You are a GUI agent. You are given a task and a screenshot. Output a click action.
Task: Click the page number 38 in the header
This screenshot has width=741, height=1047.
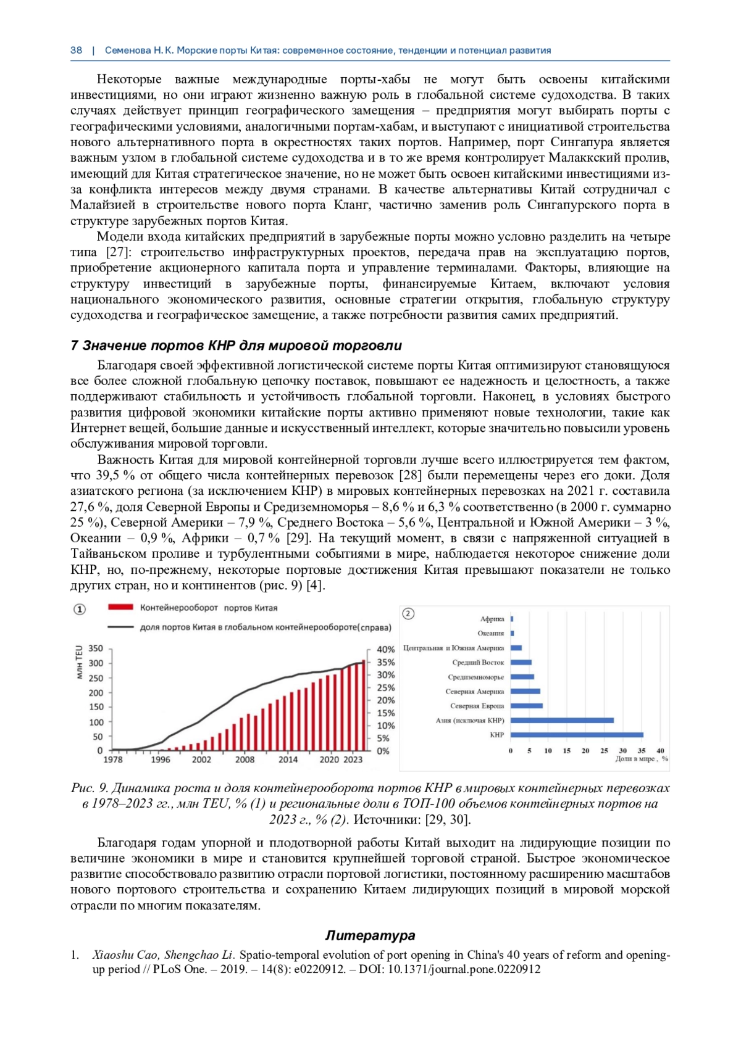coord(76,51)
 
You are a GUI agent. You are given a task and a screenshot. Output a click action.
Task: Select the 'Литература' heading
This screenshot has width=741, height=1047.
coord(370,935)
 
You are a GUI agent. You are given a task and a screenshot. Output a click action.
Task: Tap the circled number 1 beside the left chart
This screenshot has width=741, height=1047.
coord(80,610)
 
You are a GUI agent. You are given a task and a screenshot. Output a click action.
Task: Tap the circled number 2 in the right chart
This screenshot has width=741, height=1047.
coord(408,613)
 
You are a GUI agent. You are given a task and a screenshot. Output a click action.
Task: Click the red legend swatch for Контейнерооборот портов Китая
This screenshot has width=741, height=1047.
coord(120,608)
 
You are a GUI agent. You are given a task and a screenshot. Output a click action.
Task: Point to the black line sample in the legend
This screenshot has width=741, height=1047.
coord(120,627)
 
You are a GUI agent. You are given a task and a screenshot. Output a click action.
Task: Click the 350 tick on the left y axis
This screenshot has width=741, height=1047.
coord(96,648)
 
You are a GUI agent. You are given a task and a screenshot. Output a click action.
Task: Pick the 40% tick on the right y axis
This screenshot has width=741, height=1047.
coord(385,649)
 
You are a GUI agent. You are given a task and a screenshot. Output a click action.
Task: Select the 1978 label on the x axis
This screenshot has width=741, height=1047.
coord(113,759)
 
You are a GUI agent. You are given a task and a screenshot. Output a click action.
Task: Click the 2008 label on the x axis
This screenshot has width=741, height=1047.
coord(245,759)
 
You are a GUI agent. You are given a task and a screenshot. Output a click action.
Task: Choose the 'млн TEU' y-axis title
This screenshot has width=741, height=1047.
coord(79,662)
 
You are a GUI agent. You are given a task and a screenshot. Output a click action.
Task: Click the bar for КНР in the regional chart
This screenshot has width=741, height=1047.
coord(577,735)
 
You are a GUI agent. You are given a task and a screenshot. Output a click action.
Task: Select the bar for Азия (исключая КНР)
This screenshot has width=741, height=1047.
coord(562,720)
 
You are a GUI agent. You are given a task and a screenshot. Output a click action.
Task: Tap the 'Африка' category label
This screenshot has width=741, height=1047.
coord(492,619)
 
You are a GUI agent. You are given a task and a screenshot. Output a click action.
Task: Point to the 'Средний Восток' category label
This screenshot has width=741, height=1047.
coord(478,662)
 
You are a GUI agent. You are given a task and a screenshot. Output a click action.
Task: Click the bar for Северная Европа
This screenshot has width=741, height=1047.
coord(527,706)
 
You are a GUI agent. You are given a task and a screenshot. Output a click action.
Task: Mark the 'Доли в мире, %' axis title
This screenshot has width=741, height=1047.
coord(642,759)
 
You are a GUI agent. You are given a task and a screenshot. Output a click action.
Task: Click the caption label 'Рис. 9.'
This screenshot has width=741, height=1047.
coord(90,788)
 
